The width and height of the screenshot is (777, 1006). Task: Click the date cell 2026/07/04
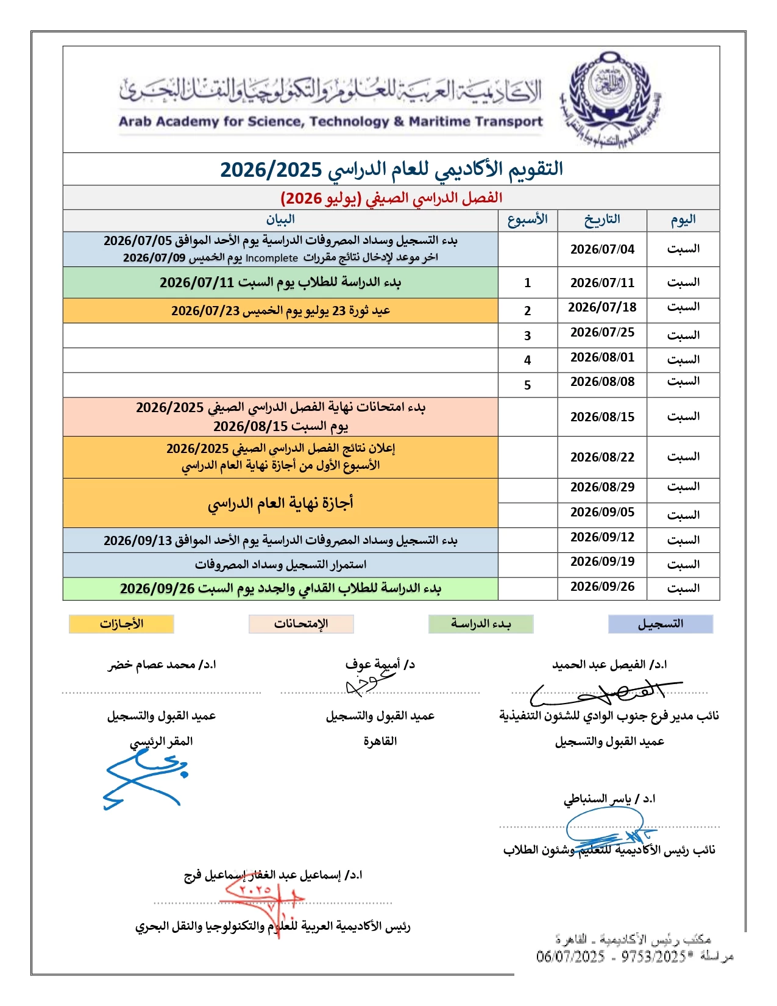(602, 249)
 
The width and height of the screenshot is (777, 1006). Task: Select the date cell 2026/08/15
(602, 417)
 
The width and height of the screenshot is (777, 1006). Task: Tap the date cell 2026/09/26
(602, 587)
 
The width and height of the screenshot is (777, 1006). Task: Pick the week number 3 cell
(528, 335)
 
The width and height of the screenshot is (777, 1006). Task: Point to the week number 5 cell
(528, 385)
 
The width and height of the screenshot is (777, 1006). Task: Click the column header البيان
(280, 219)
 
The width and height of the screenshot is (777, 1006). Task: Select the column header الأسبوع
(528, 219)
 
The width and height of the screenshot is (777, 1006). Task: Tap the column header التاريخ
(602, 219)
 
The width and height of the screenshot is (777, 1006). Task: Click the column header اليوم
(683, 219)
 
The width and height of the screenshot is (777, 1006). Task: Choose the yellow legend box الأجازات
(121, 624)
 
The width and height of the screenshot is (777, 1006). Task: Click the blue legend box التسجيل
(661, 624)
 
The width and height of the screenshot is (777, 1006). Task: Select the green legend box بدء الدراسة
(481, 624)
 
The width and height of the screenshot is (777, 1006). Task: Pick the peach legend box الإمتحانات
(301, 624)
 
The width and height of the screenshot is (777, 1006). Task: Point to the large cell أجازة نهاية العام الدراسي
(280, 503)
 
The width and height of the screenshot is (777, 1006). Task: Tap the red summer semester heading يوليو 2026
(391, 198)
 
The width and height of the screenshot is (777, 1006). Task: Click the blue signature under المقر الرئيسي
(145, 777)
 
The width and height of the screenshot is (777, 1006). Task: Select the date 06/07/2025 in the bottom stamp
(570, 957)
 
